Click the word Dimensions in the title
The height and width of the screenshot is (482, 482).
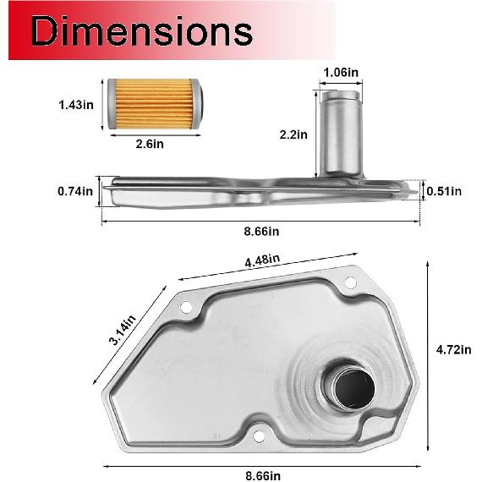(142, 31)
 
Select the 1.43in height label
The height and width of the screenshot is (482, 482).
(76, 105)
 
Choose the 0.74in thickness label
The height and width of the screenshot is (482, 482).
(76, 192)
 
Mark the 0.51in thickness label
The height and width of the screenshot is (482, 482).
(445, 190)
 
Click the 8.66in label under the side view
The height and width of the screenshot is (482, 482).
(262, 231)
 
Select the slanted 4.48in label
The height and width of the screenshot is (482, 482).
(263, 262)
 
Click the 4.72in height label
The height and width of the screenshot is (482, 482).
(454, 348)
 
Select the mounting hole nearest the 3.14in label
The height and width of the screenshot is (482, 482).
(187, 307)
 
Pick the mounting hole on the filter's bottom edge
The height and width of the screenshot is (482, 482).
(258, 437)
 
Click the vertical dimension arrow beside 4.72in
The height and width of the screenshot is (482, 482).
(427, 355)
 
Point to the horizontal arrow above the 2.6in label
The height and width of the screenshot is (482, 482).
(152, 134)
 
